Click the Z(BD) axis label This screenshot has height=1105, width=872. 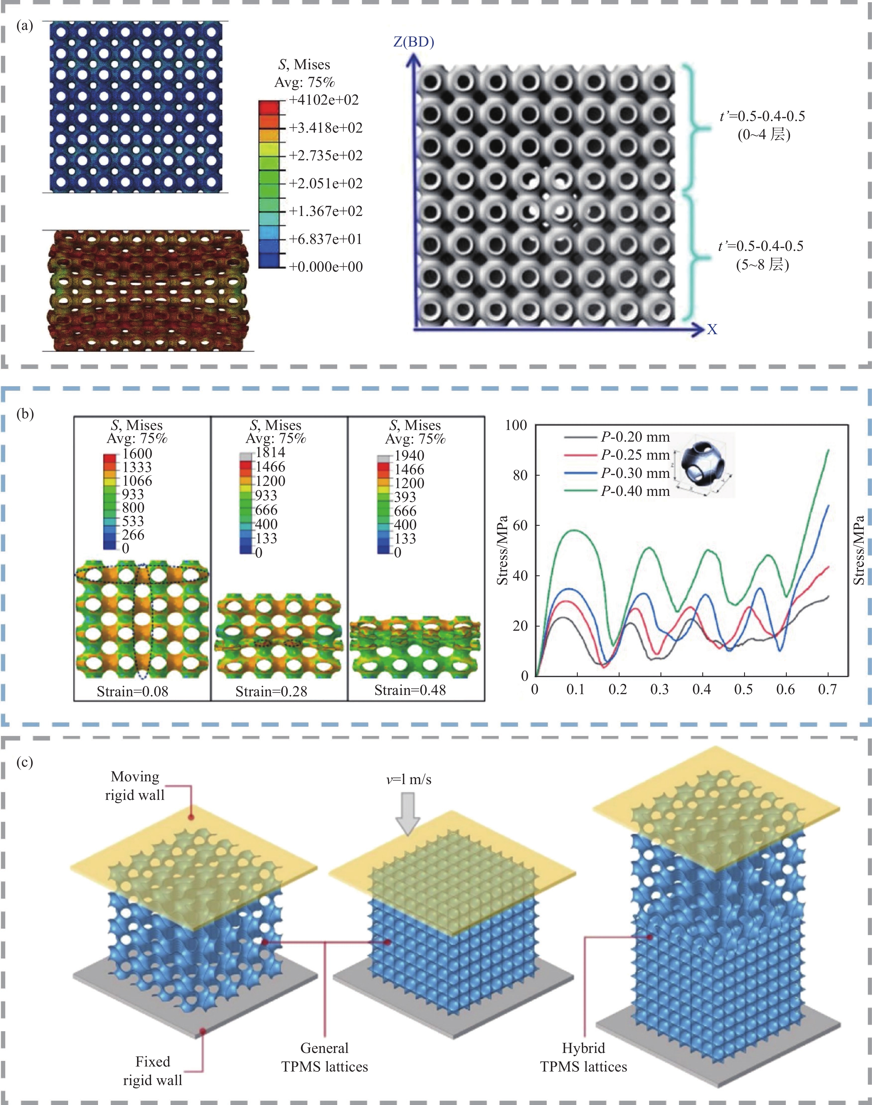(x=414, y=42)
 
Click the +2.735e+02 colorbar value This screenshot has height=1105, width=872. (x=326, y=155)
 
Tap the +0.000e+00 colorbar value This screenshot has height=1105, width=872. (x=326, y=267)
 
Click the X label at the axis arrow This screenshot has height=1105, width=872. (x=712, y=330)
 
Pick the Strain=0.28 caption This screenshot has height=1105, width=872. (x=271, y=691)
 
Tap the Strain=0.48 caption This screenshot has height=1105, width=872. (x=410, y=690)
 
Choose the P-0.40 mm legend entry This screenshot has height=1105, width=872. (x=634, y=491)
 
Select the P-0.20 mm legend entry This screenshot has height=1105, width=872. (x=634, y=437)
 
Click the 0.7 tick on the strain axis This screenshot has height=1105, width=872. (x=827, y=689)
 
